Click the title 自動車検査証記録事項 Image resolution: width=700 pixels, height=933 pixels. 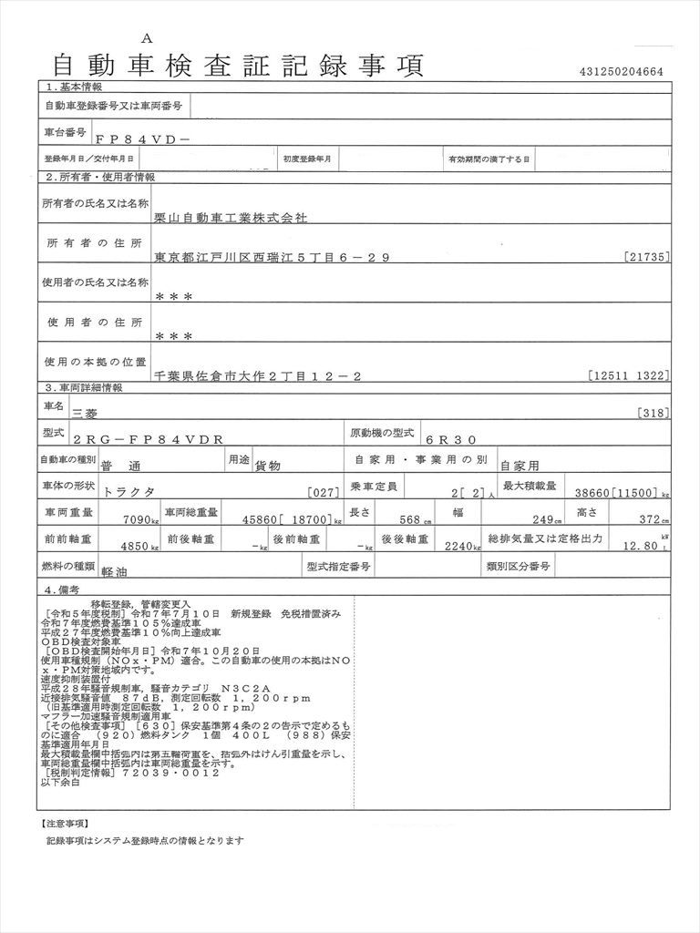tap(238, 67)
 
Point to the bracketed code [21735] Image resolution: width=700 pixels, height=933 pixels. tap(647, 258)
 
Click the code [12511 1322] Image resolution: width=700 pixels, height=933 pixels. tap(629, 375)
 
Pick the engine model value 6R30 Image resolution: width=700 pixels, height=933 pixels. tap(456, 437)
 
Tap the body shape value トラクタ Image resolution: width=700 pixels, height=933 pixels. tap(129, 491)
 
